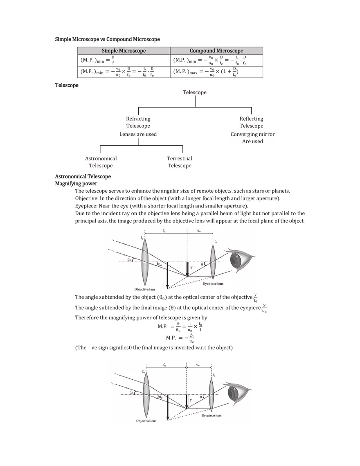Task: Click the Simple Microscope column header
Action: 124,51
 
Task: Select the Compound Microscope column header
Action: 216,51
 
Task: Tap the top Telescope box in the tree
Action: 195,92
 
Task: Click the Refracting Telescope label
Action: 138,122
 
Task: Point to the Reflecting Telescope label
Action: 252,122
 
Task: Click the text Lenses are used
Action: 138,134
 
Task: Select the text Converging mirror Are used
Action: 252,138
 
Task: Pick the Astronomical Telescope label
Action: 101,162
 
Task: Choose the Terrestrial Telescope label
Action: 180,162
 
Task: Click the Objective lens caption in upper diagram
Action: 145,289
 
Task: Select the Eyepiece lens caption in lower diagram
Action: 211,415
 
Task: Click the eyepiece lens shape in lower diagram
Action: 211,394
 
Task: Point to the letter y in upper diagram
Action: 191,267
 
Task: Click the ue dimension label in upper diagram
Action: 199,231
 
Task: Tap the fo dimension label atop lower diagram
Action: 164,364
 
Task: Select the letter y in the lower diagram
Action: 191,400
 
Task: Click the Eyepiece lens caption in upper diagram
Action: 213,283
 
